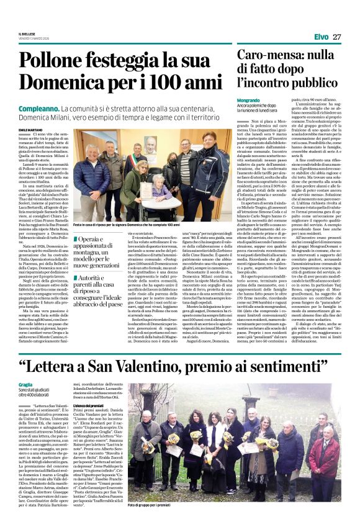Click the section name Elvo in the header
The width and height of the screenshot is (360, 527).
click(x=321, y=37)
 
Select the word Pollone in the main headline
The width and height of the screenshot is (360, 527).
click(x=69, y=61)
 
